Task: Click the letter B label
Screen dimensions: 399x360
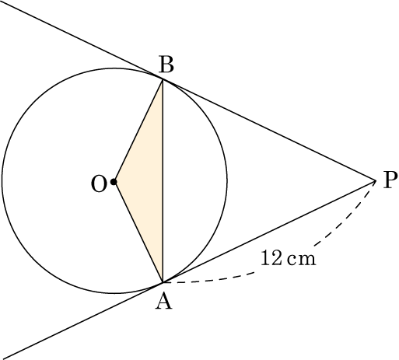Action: point(166,65)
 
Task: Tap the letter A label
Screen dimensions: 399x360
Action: point(163,302)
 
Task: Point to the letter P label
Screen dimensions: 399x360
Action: point(390,180)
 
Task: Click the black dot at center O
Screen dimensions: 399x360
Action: point(114,182)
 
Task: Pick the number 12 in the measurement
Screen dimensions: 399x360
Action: point(271,258)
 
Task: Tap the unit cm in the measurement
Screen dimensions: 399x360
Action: point(302,260)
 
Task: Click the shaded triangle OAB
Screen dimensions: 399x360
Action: point(147,181)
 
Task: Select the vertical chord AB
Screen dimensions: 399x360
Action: point(163,181)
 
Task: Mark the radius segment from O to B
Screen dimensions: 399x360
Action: point(138,131)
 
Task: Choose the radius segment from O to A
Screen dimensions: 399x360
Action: point(138,232)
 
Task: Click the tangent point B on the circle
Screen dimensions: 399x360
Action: point(163,79)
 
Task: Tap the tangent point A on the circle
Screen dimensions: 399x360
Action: point(163,282)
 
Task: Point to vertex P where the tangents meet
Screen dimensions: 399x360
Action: point(376,180)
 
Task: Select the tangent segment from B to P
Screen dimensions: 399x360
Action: point(269,130)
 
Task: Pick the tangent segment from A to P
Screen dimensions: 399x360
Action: point(269,232)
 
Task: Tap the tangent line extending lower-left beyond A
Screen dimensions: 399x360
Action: point(82,321)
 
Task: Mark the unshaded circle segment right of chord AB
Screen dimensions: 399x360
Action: point(195,181)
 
